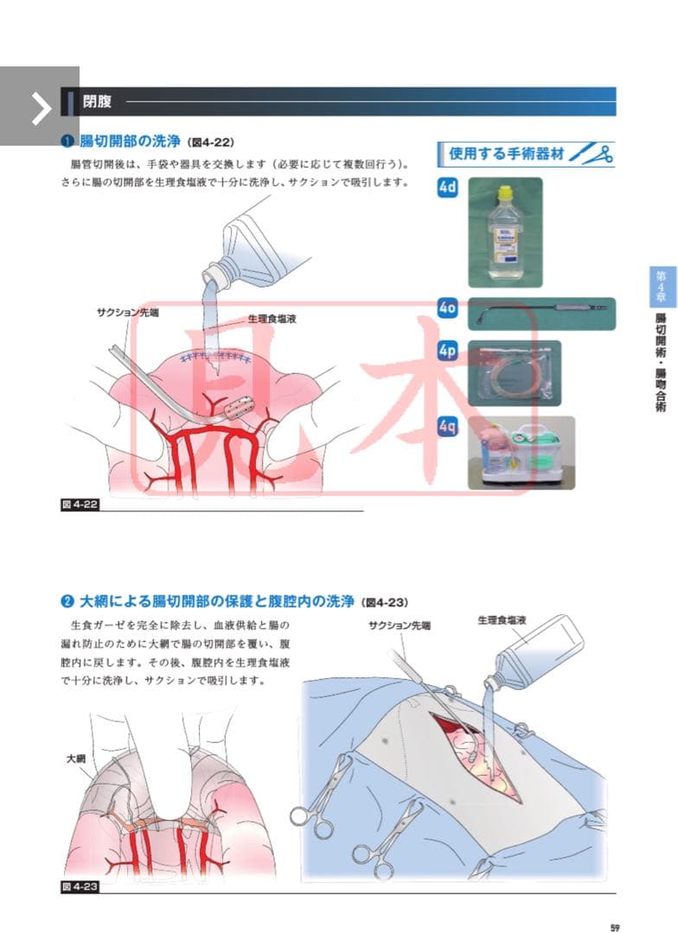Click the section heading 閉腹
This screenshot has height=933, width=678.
coord(96,101)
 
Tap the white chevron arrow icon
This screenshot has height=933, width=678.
coord(40,106)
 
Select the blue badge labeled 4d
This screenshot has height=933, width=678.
coord(447,188)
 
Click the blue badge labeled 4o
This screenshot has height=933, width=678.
coord(447,307)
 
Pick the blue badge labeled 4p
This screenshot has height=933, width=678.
coord(447,351)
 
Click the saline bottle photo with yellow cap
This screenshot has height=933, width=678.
coord(504,232)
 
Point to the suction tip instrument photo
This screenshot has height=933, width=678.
coord(541,313)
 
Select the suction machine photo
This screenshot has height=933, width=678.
coord(521,453)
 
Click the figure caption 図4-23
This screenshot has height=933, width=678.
coord(80,886)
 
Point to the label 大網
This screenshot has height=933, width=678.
coord(76,758)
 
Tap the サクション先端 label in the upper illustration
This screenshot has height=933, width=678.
coord(127,312)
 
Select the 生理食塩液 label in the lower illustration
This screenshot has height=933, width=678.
coord(502,620)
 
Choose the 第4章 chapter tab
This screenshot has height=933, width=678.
coord(662,286)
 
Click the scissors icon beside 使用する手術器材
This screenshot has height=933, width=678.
coord(594,155)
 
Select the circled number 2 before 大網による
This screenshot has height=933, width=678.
coord(67,601)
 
